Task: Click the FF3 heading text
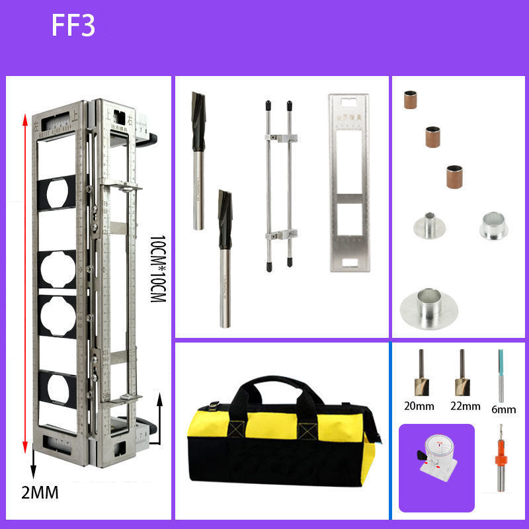(x=73, y=25)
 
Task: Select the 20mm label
(x=421, y=406)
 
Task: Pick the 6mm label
(x=503, y=409)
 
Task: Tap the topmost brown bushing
(x=410, y=100)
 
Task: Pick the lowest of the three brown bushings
(x=453, y=176)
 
